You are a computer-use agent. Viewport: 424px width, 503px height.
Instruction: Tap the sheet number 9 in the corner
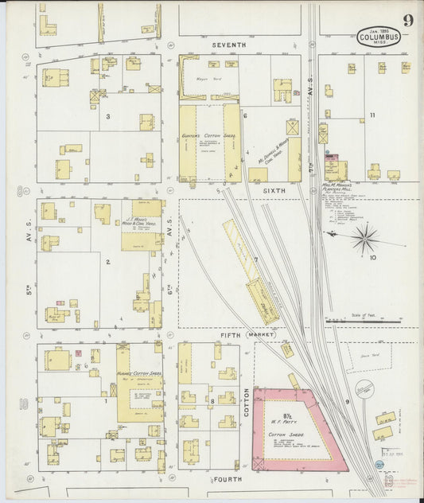pos(407,21)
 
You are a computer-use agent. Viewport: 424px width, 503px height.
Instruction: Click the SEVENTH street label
pos(229,46)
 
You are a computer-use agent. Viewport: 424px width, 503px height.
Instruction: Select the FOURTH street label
pos(228,480)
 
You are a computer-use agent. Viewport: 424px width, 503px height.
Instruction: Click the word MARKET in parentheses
pos(260,335)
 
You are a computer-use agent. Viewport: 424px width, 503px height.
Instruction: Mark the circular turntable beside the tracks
pos(364,389)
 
